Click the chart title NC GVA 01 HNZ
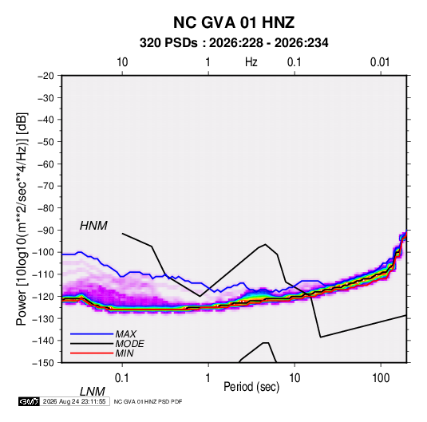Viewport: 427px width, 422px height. (234, 22)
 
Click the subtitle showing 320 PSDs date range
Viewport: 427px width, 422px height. (234, 43)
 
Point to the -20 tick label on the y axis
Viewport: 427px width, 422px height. (45, 76)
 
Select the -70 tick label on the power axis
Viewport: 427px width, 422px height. (45, 186)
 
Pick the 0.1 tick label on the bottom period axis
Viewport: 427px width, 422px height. (122, 377)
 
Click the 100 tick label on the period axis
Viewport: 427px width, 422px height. (381, 377)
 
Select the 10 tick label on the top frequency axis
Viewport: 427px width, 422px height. (122, 62)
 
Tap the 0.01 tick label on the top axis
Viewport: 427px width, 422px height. (380, 62)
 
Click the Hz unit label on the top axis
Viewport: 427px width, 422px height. (251, 62)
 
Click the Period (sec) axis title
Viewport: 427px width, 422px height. (251, 387)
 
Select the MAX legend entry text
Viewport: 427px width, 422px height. (126, 333)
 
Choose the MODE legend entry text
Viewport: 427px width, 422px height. (129, 344)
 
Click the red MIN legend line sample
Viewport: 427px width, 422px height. (92, 353)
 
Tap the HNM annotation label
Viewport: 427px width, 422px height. (93, 226)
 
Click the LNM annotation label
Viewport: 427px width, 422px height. (93, 392)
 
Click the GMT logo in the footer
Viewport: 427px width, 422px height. (29, 401)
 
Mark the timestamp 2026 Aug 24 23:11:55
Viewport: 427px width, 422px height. (74, 401)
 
